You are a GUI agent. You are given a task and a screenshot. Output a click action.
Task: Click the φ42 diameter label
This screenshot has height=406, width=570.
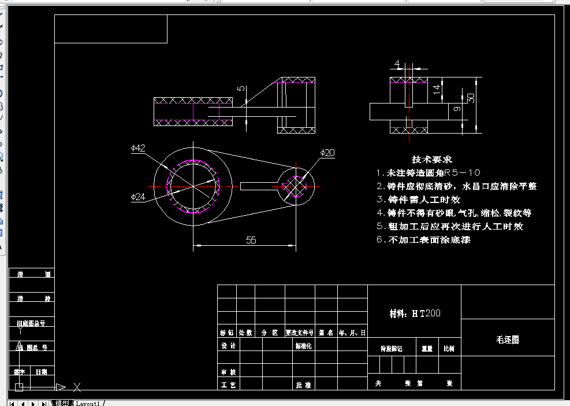point(138,148)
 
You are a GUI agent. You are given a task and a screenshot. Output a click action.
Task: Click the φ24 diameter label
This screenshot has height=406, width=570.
point(138,197)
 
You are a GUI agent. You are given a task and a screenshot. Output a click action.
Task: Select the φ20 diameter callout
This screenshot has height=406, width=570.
point(327,153)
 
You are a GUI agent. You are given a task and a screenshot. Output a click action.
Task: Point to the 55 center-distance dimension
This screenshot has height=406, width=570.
point(251,240)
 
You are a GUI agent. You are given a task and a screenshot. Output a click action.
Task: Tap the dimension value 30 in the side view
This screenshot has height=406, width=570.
point(471,98)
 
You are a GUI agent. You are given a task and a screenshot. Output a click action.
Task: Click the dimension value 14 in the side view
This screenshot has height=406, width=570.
point(437,88)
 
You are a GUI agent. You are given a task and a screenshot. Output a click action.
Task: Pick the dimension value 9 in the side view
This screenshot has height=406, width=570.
point(456,109)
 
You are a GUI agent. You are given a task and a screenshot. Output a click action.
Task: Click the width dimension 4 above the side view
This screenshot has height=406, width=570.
point(397,64)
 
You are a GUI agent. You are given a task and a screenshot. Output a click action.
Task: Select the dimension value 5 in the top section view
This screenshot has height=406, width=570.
point(241,89)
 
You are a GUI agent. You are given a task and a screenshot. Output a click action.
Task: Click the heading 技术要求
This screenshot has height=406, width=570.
point(431,159)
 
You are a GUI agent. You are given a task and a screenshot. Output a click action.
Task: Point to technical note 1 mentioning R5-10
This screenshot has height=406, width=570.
point(428,173)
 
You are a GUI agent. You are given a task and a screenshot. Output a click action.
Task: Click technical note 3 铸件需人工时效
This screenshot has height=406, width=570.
point(418,200)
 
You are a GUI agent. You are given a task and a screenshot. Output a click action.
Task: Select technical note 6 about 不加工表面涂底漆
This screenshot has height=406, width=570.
point(423,239)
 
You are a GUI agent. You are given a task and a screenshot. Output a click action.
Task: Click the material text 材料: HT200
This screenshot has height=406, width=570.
point(415,313)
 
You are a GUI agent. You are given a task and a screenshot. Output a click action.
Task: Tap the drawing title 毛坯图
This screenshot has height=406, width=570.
point(508,339)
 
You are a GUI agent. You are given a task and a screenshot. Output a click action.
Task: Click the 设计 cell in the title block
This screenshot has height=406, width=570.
point(229,346)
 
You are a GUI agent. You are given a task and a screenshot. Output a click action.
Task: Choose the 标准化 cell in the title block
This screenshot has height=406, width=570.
point(303,346)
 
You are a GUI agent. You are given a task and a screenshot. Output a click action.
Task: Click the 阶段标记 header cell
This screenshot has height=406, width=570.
point(392,349)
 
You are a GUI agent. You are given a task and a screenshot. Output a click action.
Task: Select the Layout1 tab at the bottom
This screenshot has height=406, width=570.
point(88,403)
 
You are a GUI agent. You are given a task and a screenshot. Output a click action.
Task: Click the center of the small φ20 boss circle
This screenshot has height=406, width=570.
point(297,186)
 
